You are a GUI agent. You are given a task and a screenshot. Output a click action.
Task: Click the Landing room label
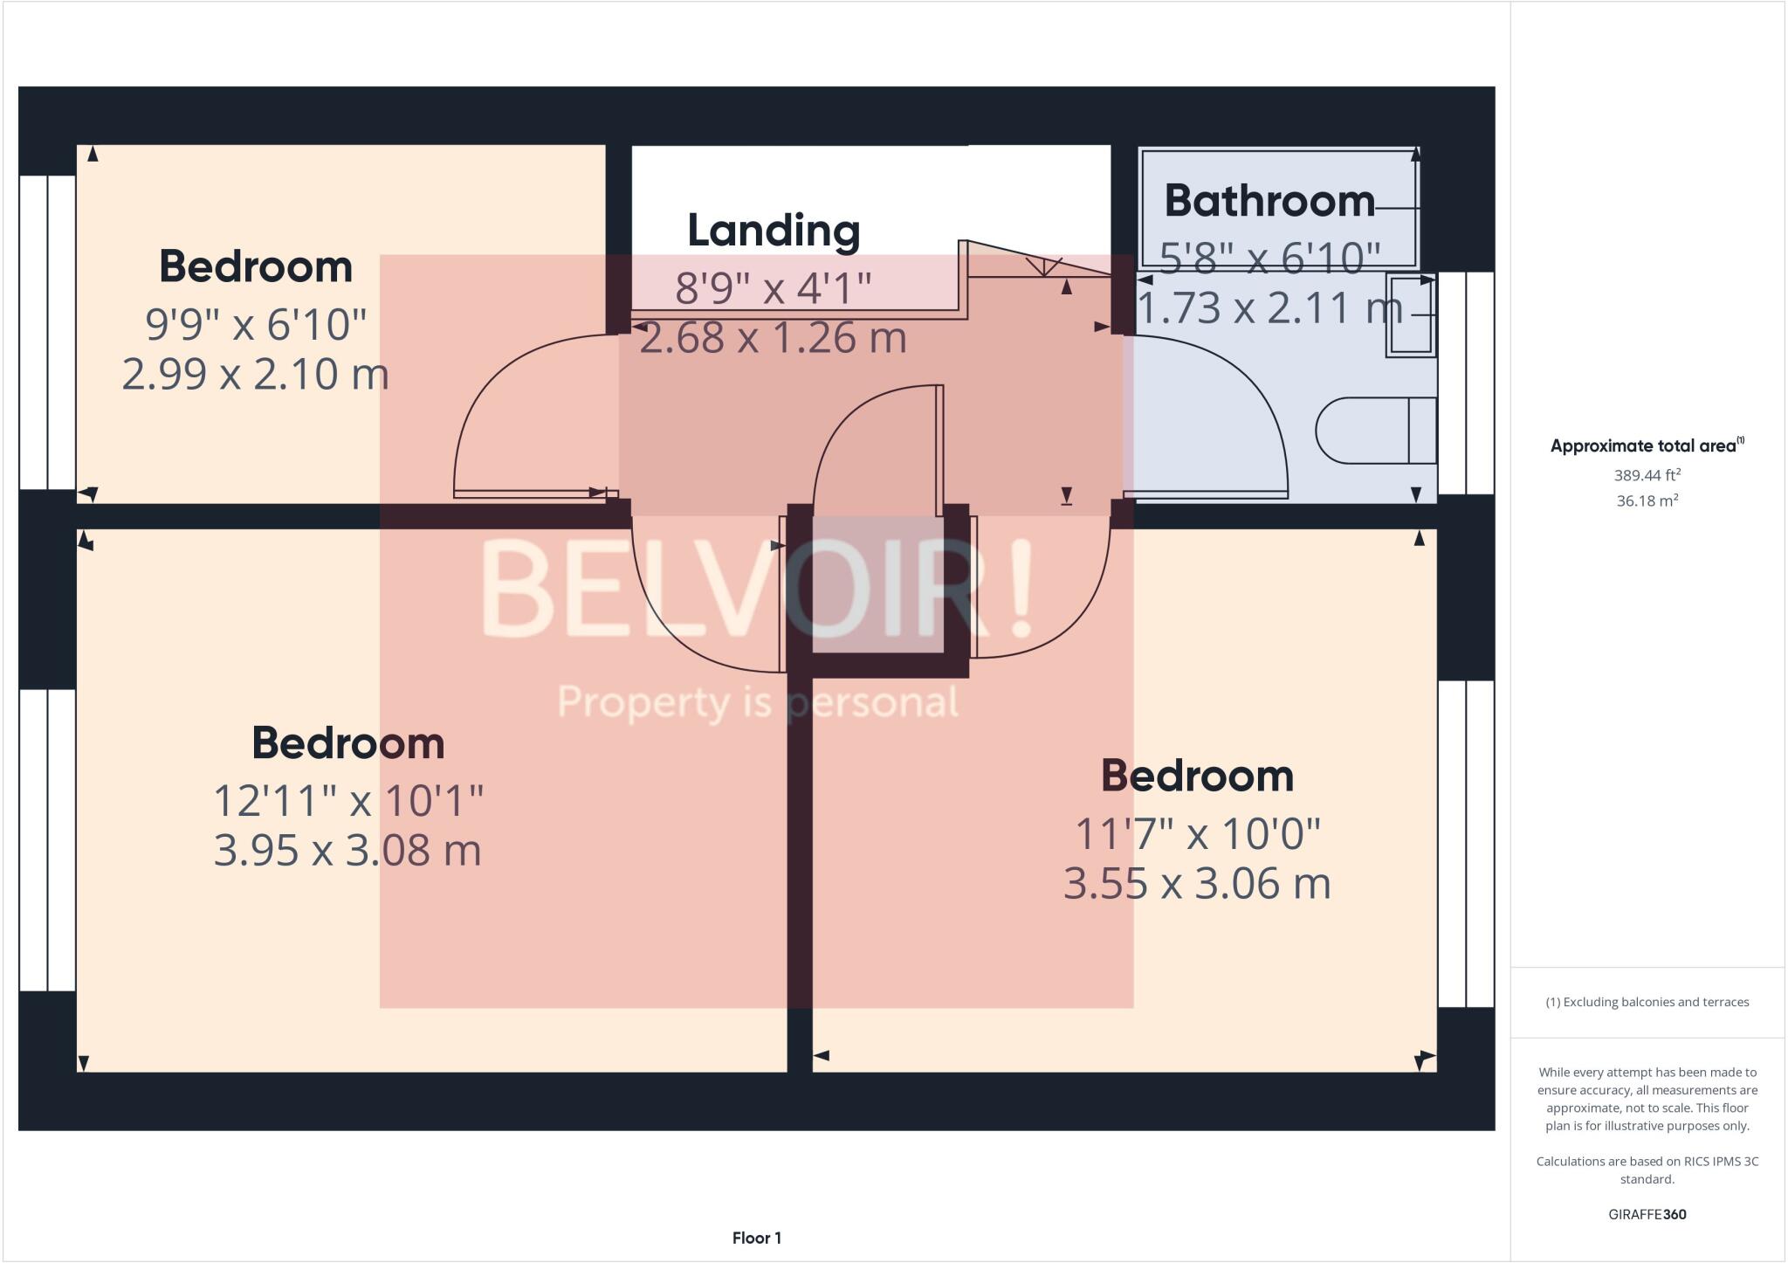click(774, 231)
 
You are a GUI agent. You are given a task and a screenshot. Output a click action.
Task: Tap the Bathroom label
click(1269, 202)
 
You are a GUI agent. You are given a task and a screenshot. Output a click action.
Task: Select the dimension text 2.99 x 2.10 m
click(255, 374)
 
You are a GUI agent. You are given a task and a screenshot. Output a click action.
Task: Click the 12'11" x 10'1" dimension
click(348, 800)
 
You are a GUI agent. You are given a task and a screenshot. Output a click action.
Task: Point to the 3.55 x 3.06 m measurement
click(1196, 883)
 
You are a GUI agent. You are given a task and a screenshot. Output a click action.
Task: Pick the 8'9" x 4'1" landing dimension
click(773, 287)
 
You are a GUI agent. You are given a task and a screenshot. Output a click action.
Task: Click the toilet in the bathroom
click(1375, 431)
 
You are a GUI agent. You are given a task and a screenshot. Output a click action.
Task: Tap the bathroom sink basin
click(1410, 315)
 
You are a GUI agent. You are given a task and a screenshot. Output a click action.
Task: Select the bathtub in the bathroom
click(1279, 208)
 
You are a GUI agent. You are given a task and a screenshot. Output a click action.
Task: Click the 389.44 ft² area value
click(1647, 475)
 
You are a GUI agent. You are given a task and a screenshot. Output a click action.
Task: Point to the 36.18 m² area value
click(1647, 500)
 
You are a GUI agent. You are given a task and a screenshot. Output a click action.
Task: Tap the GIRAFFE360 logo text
click(1647, 1214)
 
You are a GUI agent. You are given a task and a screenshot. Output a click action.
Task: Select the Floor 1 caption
click(756, 1238)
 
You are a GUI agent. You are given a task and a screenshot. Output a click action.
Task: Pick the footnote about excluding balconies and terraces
click(1647, 1002)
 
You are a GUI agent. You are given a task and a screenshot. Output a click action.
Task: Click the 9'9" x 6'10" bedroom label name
click(255, 266)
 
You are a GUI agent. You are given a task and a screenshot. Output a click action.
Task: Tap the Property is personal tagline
click(757, 702)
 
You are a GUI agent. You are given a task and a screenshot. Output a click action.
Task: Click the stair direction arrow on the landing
click(1044, 266)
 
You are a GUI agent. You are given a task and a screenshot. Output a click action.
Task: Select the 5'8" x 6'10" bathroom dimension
click(1269, 258)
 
